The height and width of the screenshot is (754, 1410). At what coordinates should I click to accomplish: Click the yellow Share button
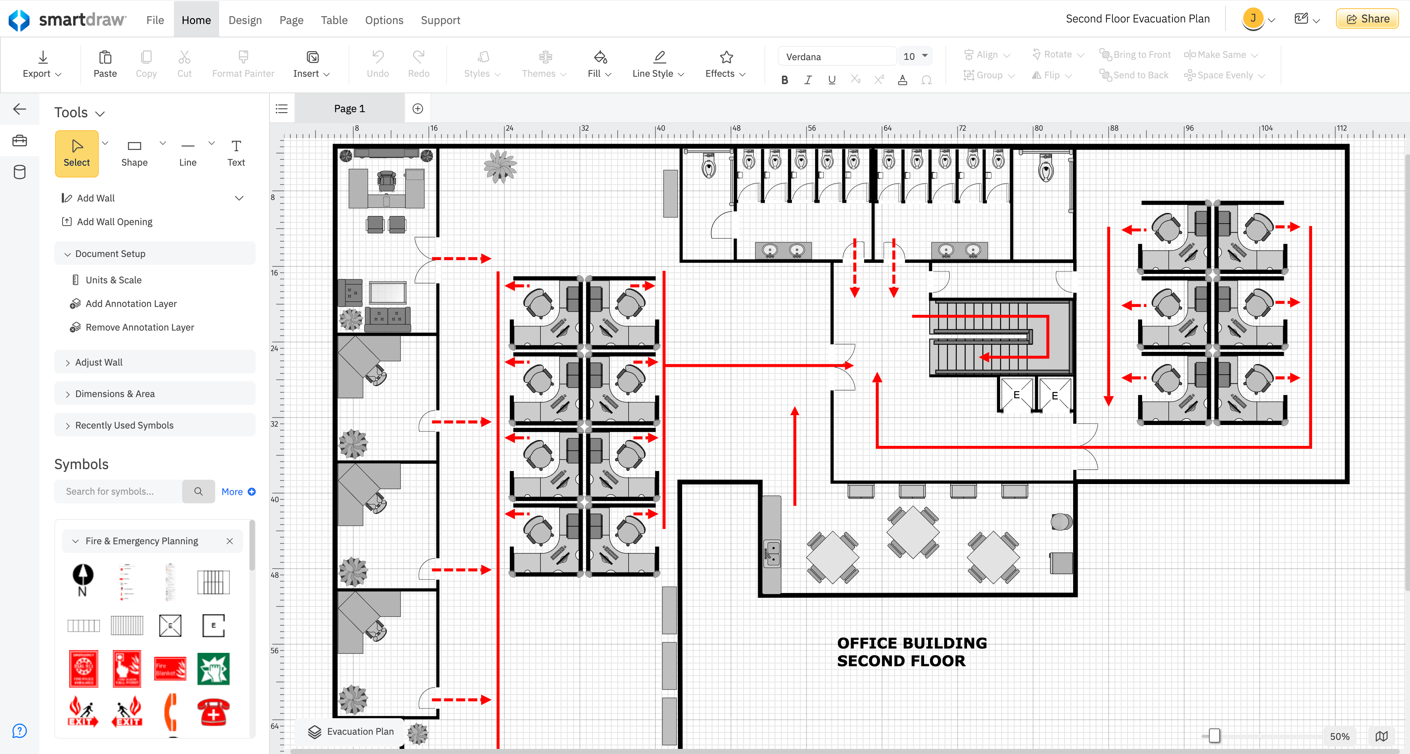1367,18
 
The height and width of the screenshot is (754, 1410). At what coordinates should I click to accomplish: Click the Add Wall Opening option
114,222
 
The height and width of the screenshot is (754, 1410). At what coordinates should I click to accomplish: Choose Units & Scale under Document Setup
113,280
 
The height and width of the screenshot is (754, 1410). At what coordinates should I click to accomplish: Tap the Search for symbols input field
118,491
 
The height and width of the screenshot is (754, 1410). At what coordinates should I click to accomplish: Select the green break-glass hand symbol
213,669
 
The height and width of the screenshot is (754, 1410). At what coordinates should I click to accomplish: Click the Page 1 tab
349,109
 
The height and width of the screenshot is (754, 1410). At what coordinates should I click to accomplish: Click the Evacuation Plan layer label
360,731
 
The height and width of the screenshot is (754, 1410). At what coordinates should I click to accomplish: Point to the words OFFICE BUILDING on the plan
912,643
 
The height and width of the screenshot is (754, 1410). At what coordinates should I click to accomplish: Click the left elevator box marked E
1016,394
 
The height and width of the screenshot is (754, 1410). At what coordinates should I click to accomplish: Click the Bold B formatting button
784,80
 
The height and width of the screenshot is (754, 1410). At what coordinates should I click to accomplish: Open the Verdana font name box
836,56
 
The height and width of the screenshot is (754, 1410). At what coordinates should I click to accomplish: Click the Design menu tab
245,20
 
